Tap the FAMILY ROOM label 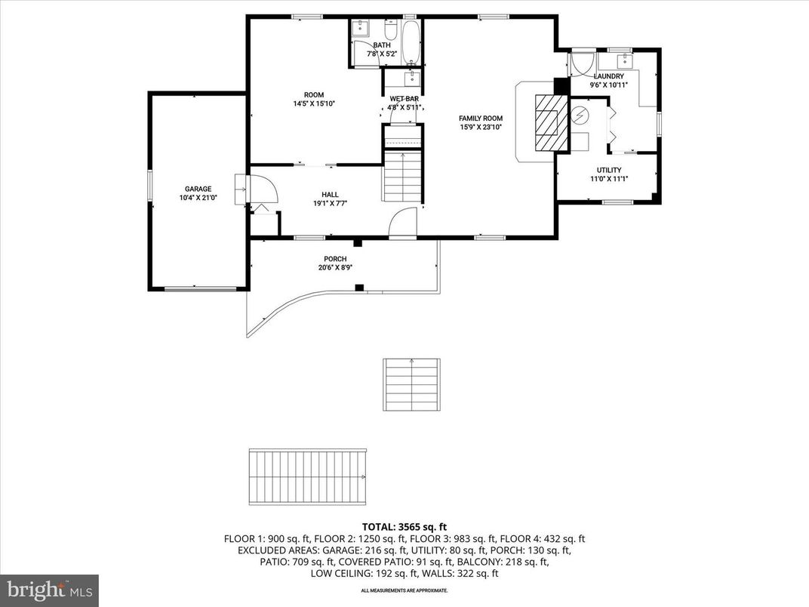pos(481,119)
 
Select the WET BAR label pos(404,99)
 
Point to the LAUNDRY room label pos(608,76)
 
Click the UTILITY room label pos(608,170)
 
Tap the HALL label pos(329,195)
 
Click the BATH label pos(381,45)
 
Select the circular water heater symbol pos(580,116)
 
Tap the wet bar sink pos(412,79)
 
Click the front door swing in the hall pos(402,222)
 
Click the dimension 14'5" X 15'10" pos(314,104)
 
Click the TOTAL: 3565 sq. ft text pos(404,527)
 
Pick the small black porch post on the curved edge pos(360,287)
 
